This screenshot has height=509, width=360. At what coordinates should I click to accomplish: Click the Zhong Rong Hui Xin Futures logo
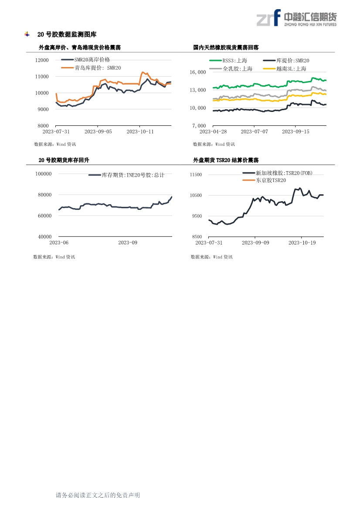tap(296, 18)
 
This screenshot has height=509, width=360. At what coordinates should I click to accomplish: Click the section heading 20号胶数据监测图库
tap(67, 34)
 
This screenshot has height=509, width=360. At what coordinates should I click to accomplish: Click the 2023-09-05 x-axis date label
tap(98, 131)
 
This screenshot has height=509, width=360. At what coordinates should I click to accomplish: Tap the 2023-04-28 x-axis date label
tap(213, 131)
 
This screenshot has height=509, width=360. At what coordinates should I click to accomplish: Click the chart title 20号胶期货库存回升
tap(64, 160)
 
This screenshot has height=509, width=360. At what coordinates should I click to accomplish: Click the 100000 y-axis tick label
tap(43, 174)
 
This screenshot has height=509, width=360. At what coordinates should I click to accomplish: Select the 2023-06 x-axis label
tap(59, 243)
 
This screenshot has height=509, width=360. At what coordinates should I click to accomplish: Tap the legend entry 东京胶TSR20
tap(271, 180)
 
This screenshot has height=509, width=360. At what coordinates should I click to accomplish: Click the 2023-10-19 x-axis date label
tap(302, 243)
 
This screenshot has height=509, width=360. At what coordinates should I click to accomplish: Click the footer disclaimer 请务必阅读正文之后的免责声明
tap(98, 495)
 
